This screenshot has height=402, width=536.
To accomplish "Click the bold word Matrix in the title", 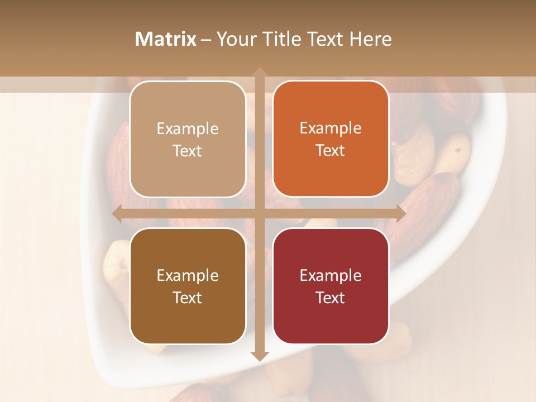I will pos(166,39).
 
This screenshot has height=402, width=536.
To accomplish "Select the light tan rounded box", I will pos(188,139).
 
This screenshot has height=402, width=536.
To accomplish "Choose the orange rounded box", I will pos(331,138).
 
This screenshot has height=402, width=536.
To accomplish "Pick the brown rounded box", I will pos(188,286).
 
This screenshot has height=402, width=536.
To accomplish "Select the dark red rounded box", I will pos(331,286).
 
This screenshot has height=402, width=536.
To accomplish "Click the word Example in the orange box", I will pos(331,128).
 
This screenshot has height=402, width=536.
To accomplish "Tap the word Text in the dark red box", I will pos(331,298).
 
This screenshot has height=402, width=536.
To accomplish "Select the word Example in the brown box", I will pos(188,276).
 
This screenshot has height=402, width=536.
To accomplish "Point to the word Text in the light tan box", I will pos(188,151).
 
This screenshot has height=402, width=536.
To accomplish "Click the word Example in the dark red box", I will pos(331,276).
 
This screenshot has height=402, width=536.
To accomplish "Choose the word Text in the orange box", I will pos(331,150).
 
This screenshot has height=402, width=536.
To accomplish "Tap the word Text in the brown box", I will pos(188,298).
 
